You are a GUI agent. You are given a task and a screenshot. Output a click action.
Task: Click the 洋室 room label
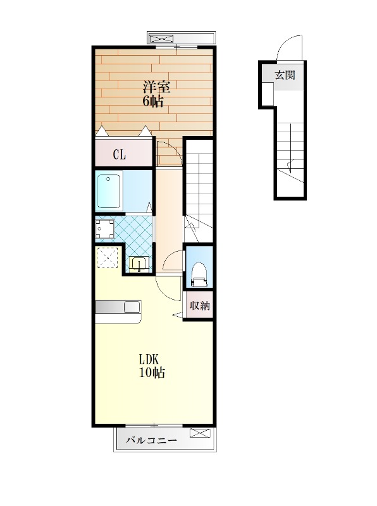[157, 87]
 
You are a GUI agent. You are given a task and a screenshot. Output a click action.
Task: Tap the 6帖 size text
[153, 101]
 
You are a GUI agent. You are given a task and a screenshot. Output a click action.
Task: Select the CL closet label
[119, 155]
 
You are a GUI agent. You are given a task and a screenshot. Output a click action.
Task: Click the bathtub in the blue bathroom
[109, 191]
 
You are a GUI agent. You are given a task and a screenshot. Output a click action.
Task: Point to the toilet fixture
[199, 275]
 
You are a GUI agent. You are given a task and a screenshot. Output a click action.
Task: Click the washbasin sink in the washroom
[139, 263]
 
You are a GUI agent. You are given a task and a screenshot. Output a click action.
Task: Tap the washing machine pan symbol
[105, 229]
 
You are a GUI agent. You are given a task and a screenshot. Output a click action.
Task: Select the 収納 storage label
[200, 305]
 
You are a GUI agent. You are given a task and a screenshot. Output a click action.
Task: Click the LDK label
[149, 359]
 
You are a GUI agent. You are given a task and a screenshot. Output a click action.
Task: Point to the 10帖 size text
[152, 373]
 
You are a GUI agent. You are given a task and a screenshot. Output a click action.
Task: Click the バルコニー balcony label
[151, 440]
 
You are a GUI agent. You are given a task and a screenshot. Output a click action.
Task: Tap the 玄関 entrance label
[285, 75]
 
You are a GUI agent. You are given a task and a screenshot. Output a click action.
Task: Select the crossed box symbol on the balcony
[200, 433]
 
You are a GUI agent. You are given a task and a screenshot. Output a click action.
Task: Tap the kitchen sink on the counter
[132, 307]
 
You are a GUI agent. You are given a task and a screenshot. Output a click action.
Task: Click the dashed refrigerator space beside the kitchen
[108, 257]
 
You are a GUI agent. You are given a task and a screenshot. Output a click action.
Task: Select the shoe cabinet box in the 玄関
[268, 94]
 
